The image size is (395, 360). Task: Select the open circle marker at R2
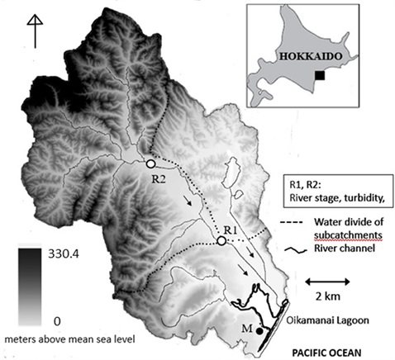(150, 163)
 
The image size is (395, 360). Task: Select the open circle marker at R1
(221, 240)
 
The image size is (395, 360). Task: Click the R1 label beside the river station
(232, 228)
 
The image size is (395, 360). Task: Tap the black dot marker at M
(260, 330)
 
